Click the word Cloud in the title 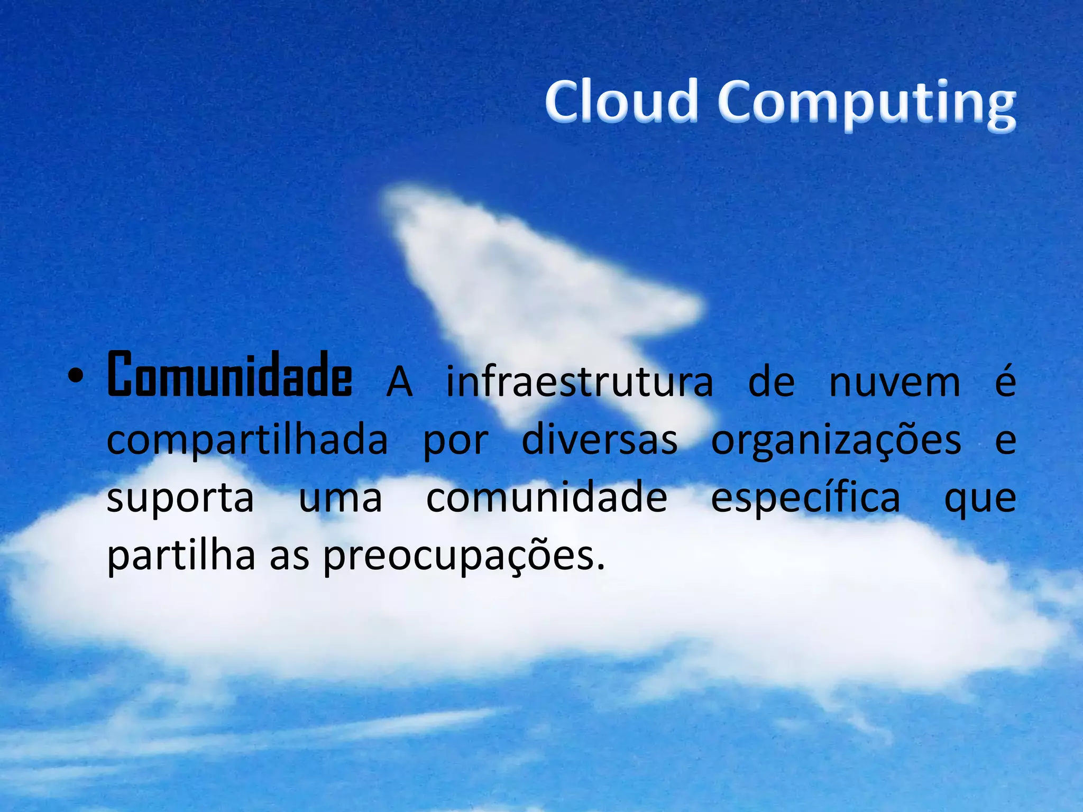[621, 101]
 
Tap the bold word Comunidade [230, 375]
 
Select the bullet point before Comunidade [76, 376]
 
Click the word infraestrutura [579, 382]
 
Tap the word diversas [600, 440]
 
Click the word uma [341, 499]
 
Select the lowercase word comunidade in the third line [547, 497]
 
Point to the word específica [805, 499]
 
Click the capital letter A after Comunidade [399, 382]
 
